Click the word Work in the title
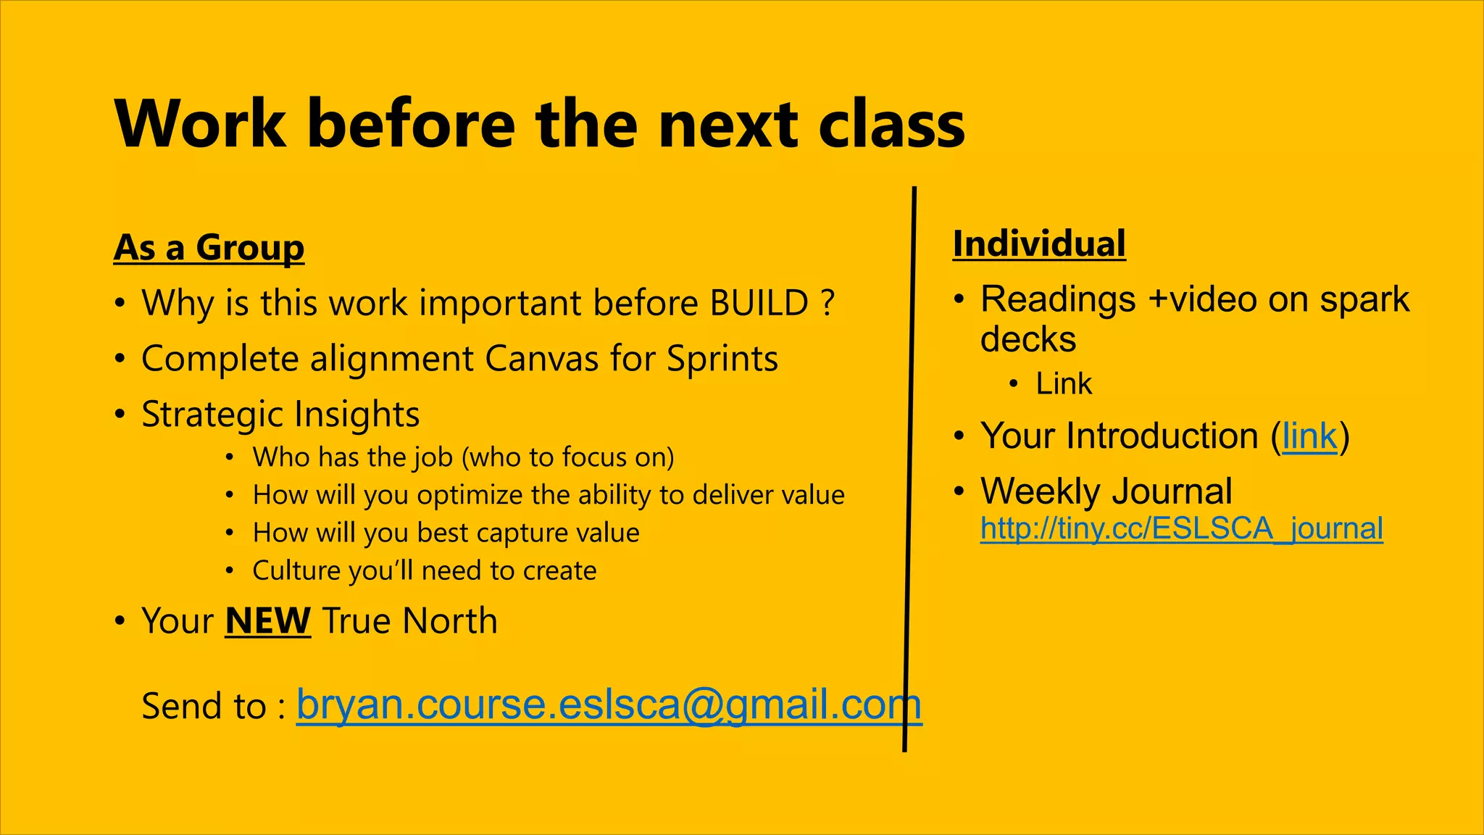pos(200,124)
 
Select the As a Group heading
pos(209,248)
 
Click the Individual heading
pos(1039,244)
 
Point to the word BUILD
pos(759,303)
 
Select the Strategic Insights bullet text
pos(280,415)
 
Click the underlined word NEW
pos(267,621)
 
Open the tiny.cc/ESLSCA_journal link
pos(1181,528)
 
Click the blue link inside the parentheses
pos(1309,436)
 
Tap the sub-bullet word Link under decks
pos(1063,383)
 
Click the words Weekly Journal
pos(1106,491)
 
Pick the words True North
pos(409,621)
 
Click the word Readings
pos(1057,299)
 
